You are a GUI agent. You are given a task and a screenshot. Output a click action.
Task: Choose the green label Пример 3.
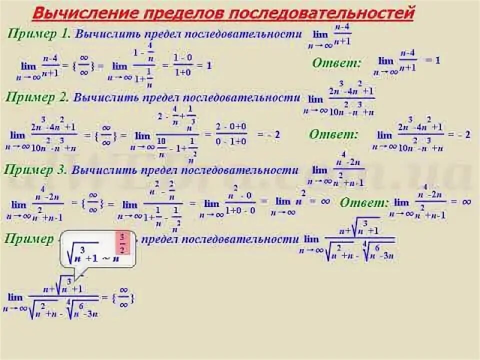coord(37,170)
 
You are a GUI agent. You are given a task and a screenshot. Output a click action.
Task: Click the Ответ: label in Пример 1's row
coord(336,63)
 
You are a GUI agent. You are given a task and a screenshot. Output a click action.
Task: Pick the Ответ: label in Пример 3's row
coord(364,202)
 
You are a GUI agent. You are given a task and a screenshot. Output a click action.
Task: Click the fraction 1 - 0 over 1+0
coord(182,65)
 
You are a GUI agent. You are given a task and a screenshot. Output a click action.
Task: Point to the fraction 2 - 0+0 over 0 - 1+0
coord(231,134)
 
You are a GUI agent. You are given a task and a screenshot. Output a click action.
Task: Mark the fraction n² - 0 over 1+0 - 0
coord(240,202)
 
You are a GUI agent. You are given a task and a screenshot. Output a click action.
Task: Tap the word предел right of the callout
coord(160,239)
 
